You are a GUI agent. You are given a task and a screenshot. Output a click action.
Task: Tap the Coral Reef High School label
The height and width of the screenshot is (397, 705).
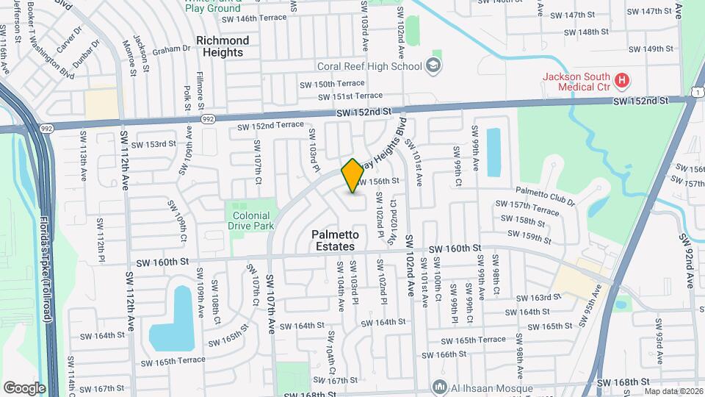click(369, 66)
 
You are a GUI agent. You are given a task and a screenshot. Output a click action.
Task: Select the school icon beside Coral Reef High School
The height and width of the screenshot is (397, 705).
click(435, 66)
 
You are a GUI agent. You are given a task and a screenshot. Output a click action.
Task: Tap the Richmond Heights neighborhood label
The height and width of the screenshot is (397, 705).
click(222, 46)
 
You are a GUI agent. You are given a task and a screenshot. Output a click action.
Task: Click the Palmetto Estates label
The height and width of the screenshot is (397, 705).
click(335, 240)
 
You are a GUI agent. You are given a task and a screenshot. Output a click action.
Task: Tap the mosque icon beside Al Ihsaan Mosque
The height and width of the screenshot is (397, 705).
click(439, 387)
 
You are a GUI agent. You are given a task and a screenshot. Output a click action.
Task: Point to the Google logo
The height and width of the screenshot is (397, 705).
click(23, 388)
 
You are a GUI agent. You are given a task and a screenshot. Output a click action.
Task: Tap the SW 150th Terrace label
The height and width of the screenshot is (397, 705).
click(331, 84)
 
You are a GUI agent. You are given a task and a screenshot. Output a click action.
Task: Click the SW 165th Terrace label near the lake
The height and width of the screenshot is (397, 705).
click(173, 362)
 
